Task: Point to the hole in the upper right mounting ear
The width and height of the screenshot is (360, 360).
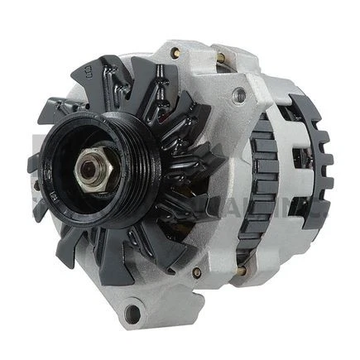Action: (239, 94)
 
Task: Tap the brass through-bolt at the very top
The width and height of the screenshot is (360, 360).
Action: (219, 58)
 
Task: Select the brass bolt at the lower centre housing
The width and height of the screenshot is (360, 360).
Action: (196, 272)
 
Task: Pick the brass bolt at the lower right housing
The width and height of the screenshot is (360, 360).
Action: (240, 269)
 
